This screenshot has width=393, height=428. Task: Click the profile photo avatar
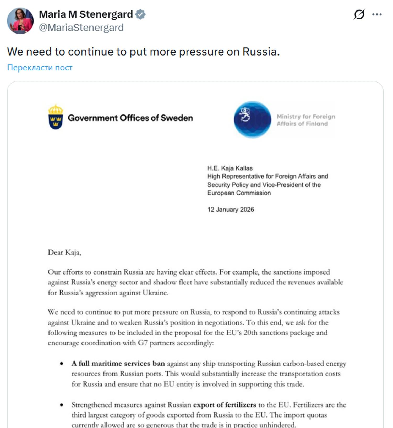[x=20, y=21]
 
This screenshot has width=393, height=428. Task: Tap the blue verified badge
[x=140, y=14]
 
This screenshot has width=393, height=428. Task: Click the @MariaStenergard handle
[x=81, y=28]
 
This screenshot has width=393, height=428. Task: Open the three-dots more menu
[x=377, y=14]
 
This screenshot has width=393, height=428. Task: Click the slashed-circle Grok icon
[x=359, y=14]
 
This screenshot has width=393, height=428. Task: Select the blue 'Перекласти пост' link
[x=40, y=68]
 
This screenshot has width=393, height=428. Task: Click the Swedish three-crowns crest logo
[x=56, y=117]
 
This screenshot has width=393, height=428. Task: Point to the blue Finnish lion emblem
[x=252, y=119]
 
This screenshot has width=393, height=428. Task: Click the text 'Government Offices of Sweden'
[x=130, y=118]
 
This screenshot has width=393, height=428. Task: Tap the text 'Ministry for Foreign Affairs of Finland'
[x=305, y=120]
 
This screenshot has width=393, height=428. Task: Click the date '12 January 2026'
[x=231, y=210]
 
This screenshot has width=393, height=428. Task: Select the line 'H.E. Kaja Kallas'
[x=230, y=168]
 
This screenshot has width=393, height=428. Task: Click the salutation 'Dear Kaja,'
[x=64, y=252]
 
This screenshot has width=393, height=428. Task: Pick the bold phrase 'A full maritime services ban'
[x=118, y=364]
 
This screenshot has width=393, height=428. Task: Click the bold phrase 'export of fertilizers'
[x=225, y=405]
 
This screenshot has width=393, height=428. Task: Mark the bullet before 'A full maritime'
[x=62, y=364]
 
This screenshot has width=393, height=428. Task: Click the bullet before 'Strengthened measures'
[x=62, y=405]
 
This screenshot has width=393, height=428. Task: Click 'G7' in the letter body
[x=143, y=343]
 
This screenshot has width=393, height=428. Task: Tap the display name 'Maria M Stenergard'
[x=86, y=14]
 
